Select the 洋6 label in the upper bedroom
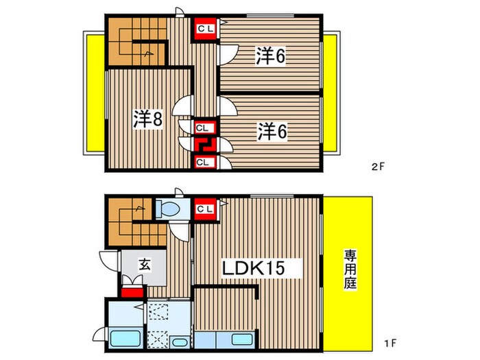click(271, 56)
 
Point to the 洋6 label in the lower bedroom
click(272, 130)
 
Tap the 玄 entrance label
click(145, 263)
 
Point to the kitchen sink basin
click(241, 339)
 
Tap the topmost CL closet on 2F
click(205, 29)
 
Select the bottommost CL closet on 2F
click(204, 162)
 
